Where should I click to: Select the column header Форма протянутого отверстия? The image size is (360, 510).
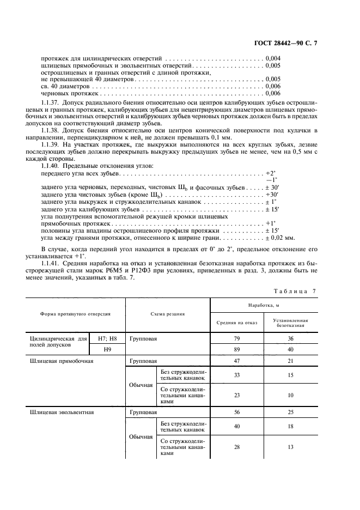coord(75,314)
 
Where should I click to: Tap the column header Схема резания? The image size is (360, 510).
coord(168,314)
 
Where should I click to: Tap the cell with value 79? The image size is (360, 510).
coord(237,338)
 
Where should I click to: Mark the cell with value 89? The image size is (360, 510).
coord(237,349)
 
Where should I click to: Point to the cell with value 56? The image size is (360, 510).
coord(237,412)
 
